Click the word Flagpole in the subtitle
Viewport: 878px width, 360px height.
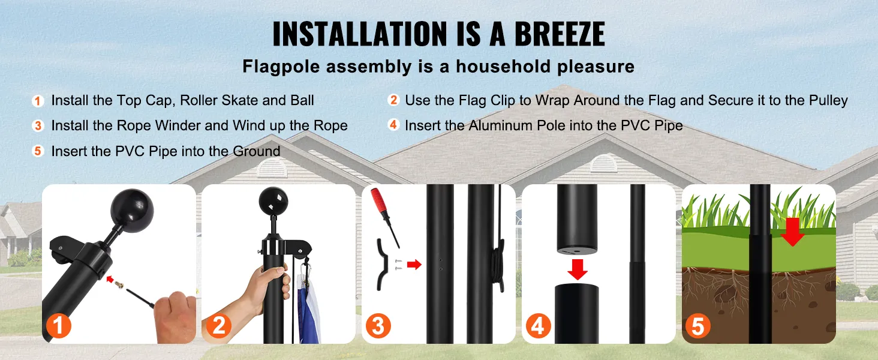tap(281, 67)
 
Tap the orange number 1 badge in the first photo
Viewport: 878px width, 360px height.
tap(59, 325)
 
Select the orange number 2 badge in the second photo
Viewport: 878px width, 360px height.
tap(219, 325)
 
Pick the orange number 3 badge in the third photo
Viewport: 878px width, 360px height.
tap(378, 325)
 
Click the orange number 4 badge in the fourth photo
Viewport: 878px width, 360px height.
tap(538, 325)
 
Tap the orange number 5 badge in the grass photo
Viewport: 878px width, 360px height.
tap(698, 325)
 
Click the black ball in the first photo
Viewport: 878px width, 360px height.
tap(132, 210)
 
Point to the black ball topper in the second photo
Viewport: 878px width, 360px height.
tap(273, 201)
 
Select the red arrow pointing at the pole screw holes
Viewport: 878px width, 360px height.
tap(414, 265)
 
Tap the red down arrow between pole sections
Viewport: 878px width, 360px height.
tap(578, 269)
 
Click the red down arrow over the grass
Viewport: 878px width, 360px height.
tap(792, 232)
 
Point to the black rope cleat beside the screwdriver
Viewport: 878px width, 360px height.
tap(382, 265)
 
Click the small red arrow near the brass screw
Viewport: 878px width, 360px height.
tap(110, 279)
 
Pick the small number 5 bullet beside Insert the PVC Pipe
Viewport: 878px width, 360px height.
tap(38, 151)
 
